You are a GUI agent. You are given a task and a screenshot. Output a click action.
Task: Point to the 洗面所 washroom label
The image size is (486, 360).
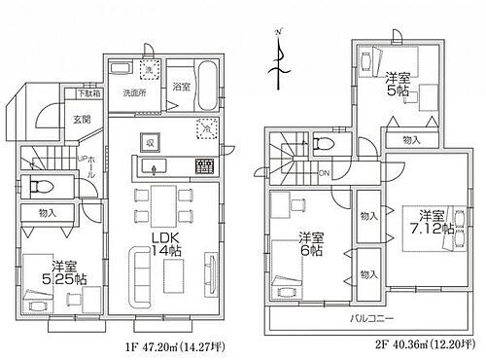tap(134, 94)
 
